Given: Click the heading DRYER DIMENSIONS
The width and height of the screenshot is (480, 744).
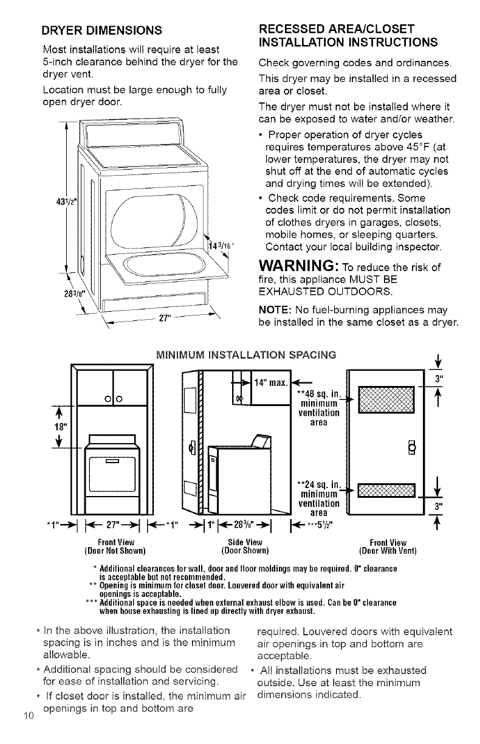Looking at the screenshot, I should pyautogui.click(x=101, y=29).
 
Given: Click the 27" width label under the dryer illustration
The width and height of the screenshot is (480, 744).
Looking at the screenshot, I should pyautogui.click(x=162, y=320).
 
